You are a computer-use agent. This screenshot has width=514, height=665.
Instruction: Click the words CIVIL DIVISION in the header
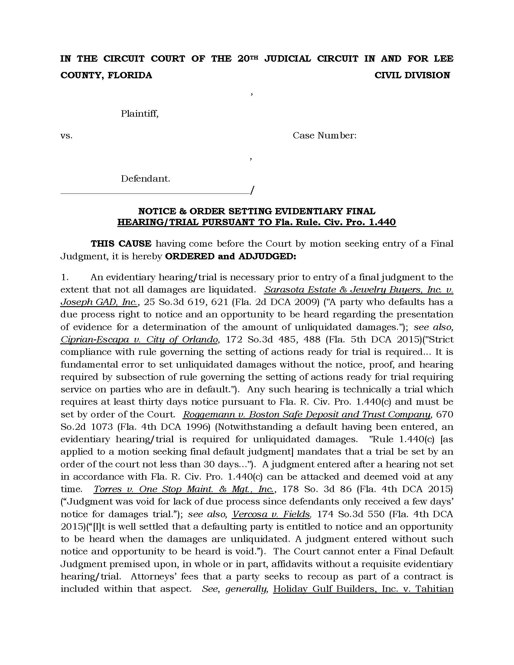click(x=412, y=75)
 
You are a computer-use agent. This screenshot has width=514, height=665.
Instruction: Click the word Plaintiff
click(x=139, y=114)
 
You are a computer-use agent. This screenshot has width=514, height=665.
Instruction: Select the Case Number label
click(x=324, y=135)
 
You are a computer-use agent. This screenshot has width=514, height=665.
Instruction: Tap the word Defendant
click(x=145, y=178)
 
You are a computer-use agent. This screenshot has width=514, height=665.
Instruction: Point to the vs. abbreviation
click(x=67, y=136)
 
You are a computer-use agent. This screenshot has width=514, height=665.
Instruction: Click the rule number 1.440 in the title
click(x=382, y=222)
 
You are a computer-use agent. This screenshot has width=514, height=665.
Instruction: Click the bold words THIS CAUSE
click(x=121, y=244)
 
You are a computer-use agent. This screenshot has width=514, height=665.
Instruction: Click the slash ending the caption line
click(x=252, y=191)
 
